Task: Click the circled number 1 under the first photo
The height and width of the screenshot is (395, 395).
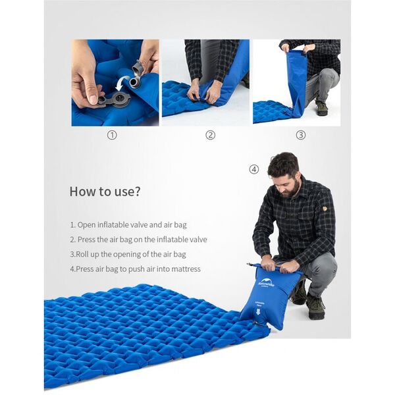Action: click(112, 135)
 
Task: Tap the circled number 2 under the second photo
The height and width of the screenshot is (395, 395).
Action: click(211, 135)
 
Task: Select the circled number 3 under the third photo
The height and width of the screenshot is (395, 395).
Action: click(301, 135)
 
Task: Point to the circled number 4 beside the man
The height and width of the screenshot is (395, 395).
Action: click(254, 169)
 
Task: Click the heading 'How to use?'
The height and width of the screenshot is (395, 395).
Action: click(105, 191)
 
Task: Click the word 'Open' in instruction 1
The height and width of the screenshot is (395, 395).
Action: click(86, 225)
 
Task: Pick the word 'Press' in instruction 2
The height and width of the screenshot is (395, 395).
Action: click(86, 240)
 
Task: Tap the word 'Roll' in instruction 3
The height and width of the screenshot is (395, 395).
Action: click(82, 254)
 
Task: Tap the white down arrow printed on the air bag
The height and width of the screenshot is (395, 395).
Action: click(258, 312)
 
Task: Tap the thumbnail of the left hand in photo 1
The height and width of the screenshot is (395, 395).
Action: click(93, 99)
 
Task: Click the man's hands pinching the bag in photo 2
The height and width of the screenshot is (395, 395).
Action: click(203, 93)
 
